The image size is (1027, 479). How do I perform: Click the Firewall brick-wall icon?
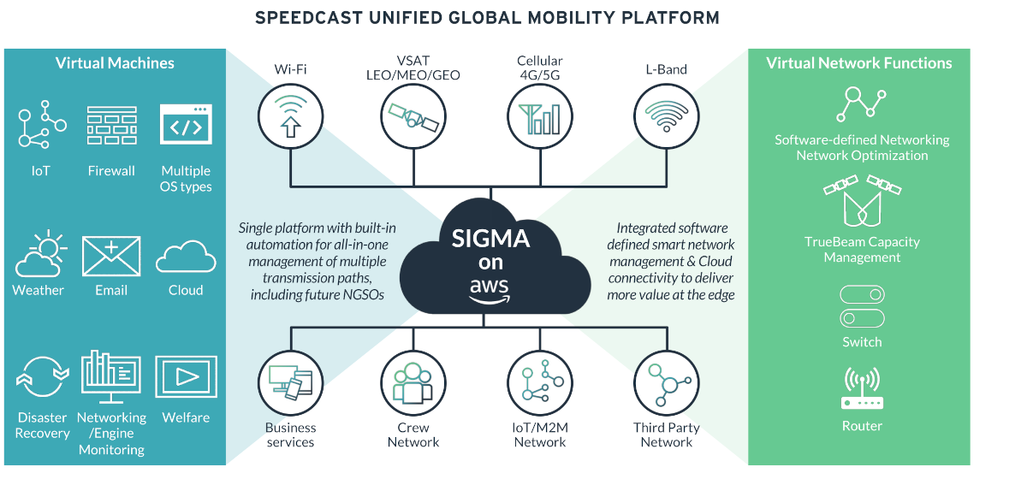point(112,125)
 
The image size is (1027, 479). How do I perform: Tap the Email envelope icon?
point(111,257)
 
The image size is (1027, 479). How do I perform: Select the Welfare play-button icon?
point(187,376)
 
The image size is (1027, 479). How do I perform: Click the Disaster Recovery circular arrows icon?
point(43,376)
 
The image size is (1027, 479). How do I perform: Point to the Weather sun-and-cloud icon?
point(40,253)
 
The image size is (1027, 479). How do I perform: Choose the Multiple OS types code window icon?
point(186,124)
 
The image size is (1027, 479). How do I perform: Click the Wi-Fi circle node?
point(291,116)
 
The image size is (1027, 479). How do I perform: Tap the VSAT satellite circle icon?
point(413,116)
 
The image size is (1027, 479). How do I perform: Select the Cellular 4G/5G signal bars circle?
point(540,116)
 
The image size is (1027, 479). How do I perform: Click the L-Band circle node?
point(667,116)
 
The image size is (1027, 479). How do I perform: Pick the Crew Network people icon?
point(413,383)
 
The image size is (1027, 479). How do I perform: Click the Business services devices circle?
point(291,383)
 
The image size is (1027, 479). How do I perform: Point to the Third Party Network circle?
point(667,383)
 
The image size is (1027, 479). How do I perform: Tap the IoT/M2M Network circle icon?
point(540,383)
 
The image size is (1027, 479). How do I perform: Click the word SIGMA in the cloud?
point(490,239)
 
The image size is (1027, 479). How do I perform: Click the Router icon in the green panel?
point(862,387)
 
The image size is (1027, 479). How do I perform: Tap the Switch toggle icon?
point(862,306)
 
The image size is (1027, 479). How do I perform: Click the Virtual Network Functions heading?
point(859,63)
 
